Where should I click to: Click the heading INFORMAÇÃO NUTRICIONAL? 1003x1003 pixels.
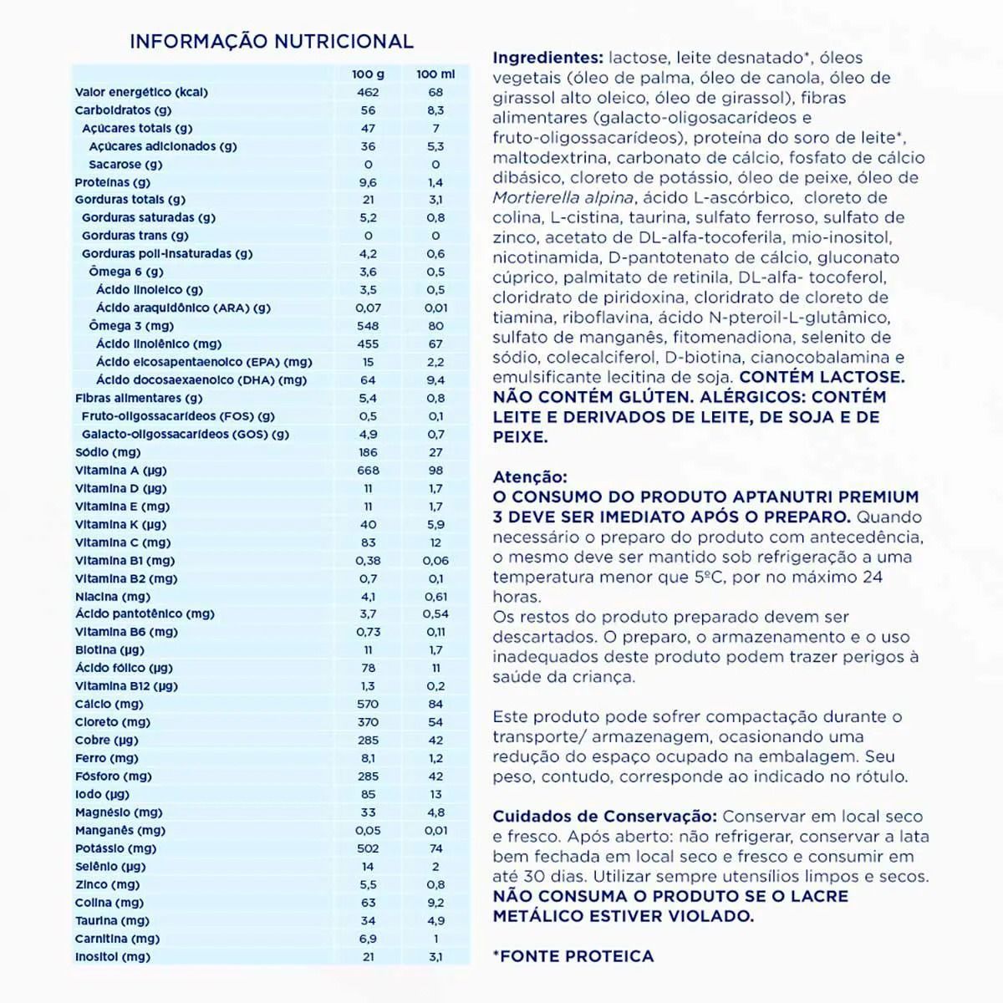(x=271, y=41)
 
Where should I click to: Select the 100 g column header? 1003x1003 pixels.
(x=368, y=74)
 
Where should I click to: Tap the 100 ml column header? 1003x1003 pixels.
(x=435, y=74)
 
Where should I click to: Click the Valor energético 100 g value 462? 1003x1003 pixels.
(x=368, y=93)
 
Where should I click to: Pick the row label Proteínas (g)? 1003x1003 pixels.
(x=113, y=182)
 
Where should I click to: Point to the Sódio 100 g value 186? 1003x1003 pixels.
(x=368, y=452)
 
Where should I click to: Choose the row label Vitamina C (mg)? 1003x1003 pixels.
(x=123, y=542)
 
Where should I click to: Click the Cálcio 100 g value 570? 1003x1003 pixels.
(x=368, y=704)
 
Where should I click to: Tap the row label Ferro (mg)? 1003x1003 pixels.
(x=107, y=758)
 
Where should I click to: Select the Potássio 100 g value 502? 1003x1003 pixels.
(x=368, y=848)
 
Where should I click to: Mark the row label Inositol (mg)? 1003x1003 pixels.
(x=113, y=957)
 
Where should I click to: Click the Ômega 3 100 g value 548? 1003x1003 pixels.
(x=368, y=326)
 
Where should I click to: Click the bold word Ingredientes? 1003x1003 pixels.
(x=547, y=58)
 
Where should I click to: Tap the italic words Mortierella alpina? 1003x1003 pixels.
(x=564, y=198)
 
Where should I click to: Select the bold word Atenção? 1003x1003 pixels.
(x=530, y=477)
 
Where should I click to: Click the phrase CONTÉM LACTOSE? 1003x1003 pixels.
(x=822, y=378)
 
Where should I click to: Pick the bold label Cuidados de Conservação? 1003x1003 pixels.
(x=604, y=817)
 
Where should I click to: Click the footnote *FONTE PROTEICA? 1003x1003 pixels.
(x=573, y=956)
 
